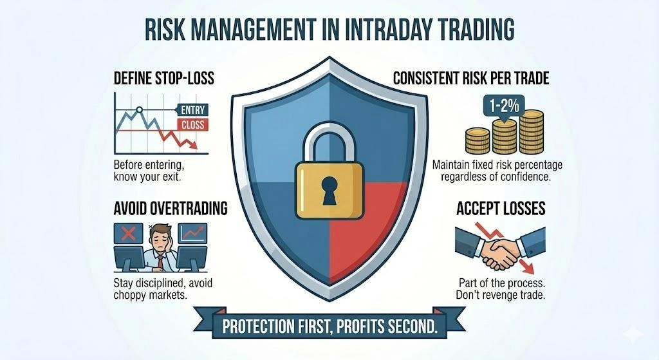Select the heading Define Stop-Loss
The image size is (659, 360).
click(163, 79)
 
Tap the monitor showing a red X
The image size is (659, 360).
click(129, 232)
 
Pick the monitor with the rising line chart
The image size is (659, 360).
click(192, 233)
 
